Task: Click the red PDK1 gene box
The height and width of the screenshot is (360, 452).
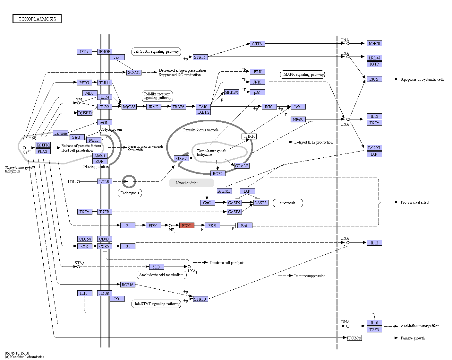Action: (187, 225)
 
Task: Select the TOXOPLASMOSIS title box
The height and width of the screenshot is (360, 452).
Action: (37, 19)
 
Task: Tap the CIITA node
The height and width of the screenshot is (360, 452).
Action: (257, 44)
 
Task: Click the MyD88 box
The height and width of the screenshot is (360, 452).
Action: (129, 107)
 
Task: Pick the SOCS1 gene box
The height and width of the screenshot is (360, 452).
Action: (134, 73)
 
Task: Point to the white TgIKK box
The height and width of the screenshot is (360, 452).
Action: (249, 136)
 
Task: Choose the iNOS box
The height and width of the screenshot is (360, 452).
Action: (374, 79)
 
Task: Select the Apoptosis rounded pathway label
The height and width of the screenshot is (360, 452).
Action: (288, 203)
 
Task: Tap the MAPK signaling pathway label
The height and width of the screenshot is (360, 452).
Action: (303, 75)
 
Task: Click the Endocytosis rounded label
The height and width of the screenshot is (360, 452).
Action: (130, 193)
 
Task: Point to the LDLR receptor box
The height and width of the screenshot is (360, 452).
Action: (105, 181)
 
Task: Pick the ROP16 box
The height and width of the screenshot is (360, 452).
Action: (128, 285)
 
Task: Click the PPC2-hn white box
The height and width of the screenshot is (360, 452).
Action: (354, 338)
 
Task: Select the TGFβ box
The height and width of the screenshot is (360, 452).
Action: (374, 329)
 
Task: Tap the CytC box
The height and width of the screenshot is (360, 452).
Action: (208, 203)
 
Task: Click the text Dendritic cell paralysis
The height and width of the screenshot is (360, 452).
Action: (227, 263)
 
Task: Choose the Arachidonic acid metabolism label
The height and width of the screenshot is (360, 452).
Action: (161, 275)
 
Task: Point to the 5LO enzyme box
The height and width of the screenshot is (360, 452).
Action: (157, 267)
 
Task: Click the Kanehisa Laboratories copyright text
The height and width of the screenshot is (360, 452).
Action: (25, 357)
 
